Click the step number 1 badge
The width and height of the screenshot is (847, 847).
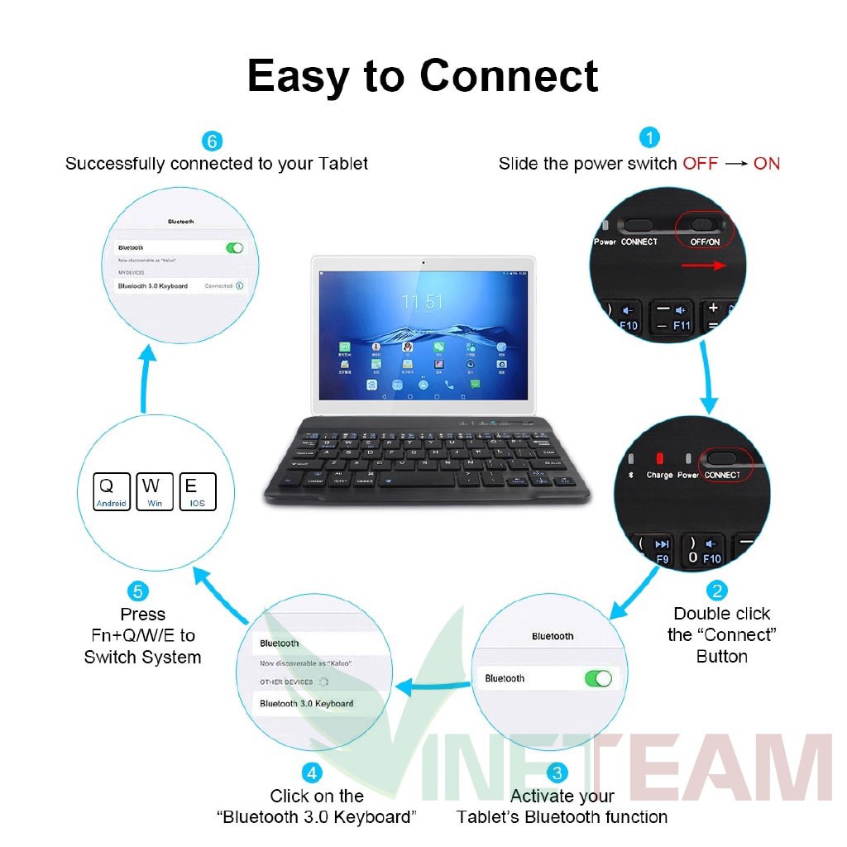pos(649,137)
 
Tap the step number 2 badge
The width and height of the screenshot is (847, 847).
pos(716,591)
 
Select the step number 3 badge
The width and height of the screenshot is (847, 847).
pos(558,773)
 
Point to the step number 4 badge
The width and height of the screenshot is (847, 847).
pos(311,773)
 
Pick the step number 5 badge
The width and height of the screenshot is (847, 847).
pos(138,591)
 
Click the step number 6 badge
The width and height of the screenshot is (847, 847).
pos(213,141)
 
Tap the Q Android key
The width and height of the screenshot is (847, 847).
pos(112,491)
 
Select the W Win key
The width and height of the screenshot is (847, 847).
pos(155,491)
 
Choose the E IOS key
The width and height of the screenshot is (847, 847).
pos(197,491)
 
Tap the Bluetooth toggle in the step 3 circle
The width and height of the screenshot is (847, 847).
pos(598,678)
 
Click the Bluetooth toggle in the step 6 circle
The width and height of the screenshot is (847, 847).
pos(235,247)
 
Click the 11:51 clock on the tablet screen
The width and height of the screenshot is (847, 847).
pos(423,302)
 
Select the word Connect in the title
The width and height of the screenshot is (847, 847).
pos(509,76)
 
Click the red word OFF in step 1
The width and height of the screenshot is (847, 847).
pos(700,164)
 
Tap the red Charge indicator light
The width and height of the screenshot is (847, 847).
pos(659,457)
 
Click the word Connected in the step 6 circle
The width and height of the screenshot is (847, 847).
pos(219,285)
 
